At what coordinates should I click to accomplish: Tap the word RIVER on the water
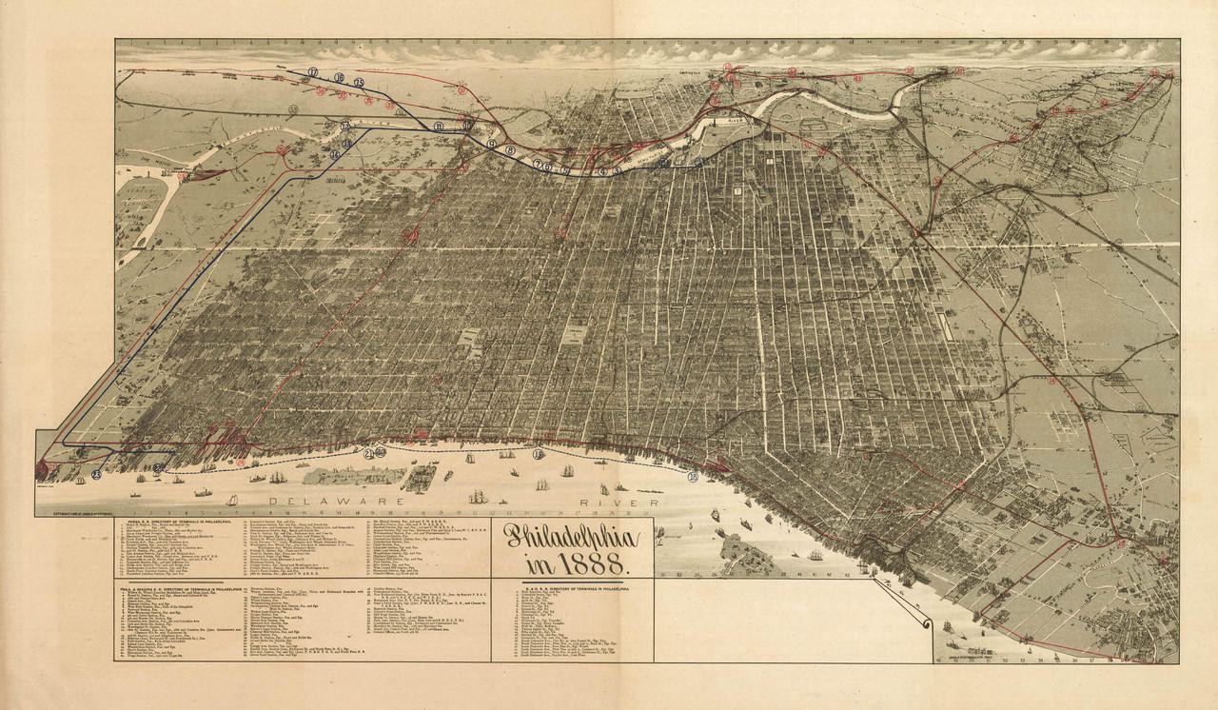[x=622, y=502]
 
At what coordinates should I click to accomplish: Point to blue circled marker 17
[x=312, y=72]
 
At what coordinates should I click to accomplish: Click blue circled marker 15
[x=359, y=83]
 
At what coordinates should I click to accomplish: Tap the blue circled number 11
[x=439, y=126]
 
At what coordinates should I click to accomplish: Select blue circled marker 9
[x=492, y=144]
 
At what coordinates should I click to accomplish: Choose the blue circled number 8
[x=510, y=150]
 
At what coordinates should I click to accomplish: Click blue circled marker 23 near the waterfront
[x=96, y=474]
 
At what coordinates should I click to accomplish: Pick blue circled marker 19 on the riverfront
[x=539, y=455]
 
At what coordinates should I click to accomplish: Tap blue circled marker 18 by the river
[x=692, y=477]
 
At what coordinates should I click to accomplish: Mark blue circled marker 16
[x=339, y=77]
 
